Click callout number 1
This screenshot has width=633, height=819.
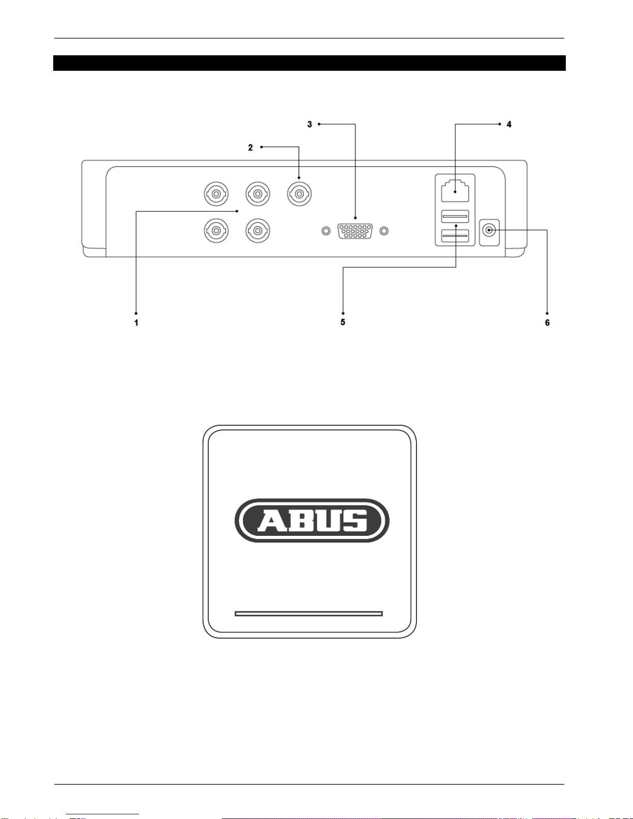point(136,322)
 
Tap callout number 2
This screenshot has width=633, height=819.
point(250,147)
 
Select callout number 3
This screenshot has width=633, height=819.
point(310,125)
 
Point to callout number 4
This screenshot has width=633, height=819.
point(509,125)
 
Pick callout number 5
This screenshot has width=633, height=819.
point(343,322)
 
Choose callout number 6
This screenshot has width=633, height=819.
point(547,322)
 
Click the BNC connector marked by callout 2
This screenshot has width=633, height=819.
point(300,194)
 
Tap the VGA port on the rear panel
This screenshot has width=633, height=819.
point(355,231)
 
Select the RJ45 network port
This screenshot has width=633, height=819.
point(455,191)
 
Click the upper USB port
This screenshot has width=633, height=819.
point(455,217)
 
